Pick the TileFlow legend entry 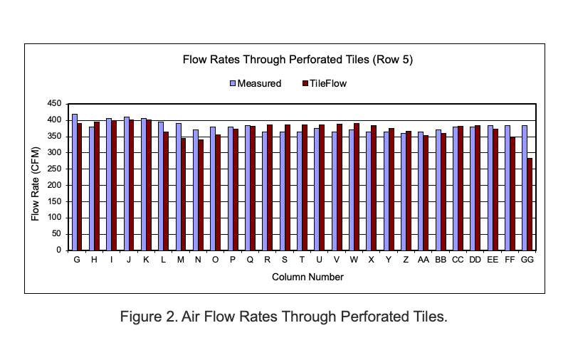point(327,83)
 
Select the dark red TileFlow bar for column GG point(530,204)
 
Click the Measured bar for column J point(127,184)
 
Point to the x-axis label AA point(423,260)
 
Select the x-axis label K point(147,260)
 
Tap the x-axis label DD point(475,260)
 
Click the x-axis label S point(285,260)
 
